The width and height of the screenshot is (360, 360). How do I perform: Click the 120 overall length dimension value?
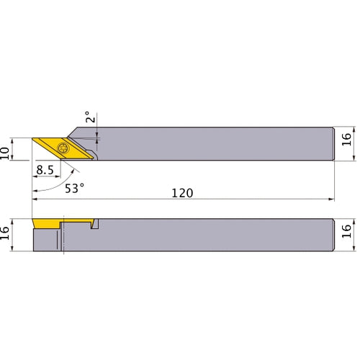[184, 194]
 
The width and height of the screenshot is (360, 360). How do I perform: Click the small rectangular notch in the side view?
[94, 226]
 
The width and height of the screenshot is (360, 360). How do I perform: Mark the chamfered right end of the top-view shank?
[333, 143]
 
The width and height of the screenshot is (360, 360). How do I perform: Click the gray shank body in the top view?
[216, 143]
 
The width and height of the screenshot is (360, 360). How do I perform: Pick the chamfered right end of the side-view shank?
[333, 233]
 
